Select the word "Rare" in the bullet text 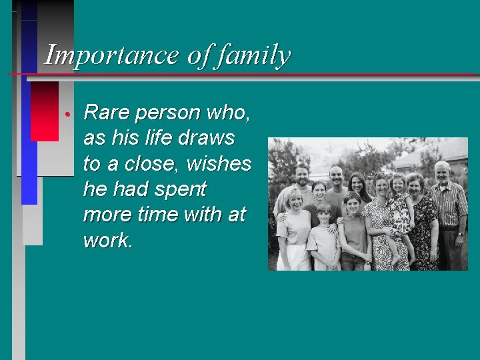107,113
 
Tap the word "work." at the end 108,240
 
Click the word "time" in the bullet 158,215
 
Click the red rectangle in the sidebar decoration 45,111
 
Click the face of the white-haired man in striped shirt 442,173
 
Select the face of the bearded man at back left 303,175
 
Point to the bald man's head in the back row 335,175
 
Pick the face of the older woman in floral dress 415,183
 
